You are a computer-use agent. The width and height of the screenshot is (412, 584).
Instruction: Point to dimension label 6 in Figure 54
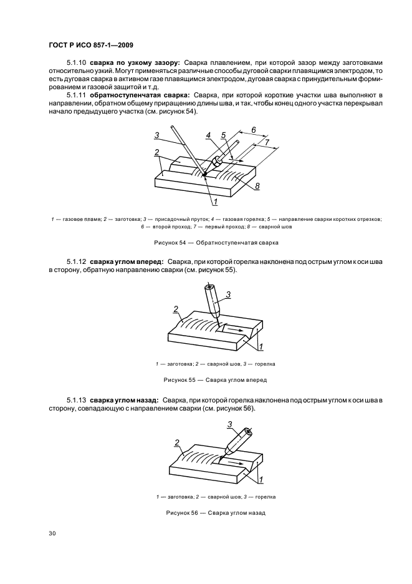click(x=254, y=130)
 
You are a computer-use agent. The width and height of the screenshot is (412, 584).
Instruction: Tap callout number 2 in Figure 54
click(x=157, y=152)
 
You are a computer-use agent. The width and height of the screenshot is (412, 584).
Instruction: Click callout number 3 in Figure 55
click(x=229, y=294)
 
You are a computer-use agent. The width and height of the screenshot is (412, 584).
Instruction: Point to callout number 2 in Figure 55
click(x=176, y=308)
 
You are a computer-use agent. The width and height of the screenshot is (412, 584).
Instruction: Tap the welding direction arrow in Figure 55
click(x=236, y=328)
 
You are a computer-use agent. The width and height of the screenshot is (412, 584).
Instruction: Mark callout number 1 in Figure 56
click(x=261, y=480)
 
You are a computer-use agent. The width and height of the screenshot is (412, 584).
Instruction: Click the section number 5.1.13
click(x=77, y=400)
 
